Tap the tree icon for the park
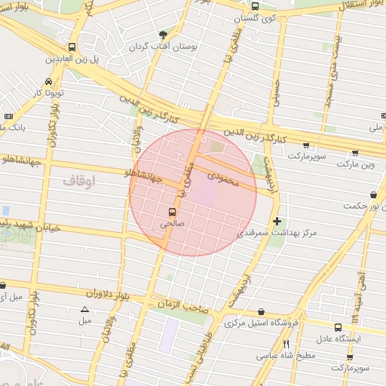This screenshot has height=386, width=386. pos(163,34)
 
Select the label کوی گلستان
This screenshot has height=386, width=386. pos(276,17)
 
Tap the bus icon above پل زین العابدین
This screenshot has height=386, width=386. pos(72,46)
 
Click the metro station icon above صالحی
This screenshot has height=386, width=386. pos(172,212)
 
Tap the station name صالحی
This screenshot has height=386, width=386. pos(172,223)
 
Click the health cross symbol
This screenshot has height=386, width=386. pos(278,222)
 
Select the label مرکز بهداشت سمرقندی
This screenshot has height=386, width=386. pos(278,234)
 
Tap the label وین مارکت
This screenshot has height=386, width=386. pos(355,163)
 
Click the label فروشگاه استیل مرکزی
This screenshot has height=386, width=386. pos(262,323)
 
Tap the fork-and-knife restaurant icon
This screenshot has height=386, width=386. pos(286,345)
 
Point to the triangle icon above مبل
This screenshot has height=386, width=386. pos(84,310)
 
